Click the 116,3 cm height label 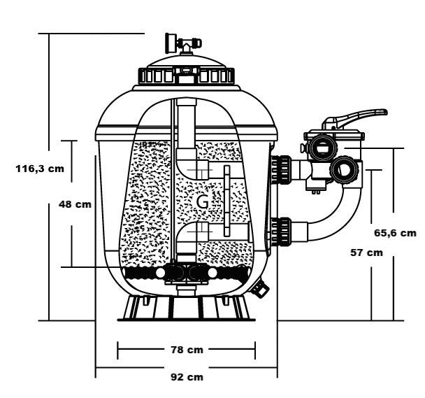[41, 168]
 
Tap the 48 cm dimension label [74, 205]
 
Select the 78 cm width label [187, 348]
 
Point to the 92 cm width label [187, 376]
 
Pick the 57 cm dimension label [366, 252]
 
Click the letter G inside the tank [203, 201]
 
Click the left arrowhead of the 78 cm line [120, 348]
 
